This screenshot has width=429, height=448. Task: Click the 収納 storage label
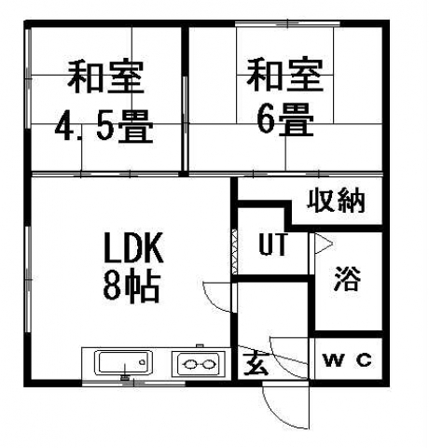[x=336, y=200]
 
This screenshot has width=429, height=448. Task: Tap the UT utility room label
[x=273, y=245]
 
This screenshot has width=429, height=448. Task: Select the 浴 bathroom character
[x=348, y=278]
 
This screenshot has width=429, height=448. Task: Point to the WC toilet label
[x=347, y=360]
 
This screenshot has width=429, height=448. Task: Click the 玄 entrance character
[x=256, y=364]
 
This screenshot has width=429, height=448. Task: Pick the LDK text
[x=133, y=248]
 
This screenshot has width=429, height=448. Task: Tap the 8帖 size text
[x=131, y=287]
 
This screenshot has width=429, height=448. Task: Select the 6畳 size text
[x=285, y=119]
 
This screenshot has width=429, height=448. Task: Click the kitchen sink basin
[x=125, y=362]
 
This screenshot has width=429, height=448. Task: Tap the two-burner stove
[x=199, y=364]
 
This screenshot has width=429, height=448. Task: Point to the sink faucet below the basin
[x=125, y=377]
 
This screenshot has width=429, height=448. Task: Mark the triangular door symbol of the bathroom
[x=324, y=244]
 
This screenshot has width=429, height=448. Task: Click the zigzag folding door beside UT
[x=235, y=252]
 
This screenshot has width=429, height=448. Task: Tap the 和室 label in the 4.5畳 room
[x=105, y=77]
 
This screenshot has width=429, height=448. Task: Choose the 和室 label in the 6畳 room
[x=285, y=75]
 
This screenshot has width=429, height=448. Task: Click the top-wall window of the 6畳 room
[x=287, y=23]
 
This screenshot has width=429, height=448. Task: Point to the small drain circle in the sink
[x=143, y=362]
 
